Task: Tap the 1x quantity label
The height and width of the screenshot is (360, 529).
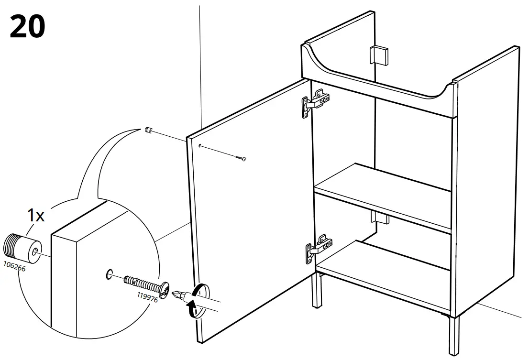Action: click(35, 216)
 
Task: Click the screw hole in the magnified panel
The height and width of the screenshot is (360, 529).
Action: click(109, 274)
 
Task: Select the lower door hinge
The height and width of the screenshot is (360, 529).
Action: click(318, 248)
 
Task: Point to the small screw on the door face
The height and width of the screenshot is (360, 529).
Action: click(240, 158)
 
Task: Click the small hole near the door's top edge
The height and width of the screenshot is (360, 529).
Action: click(199, 145)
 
